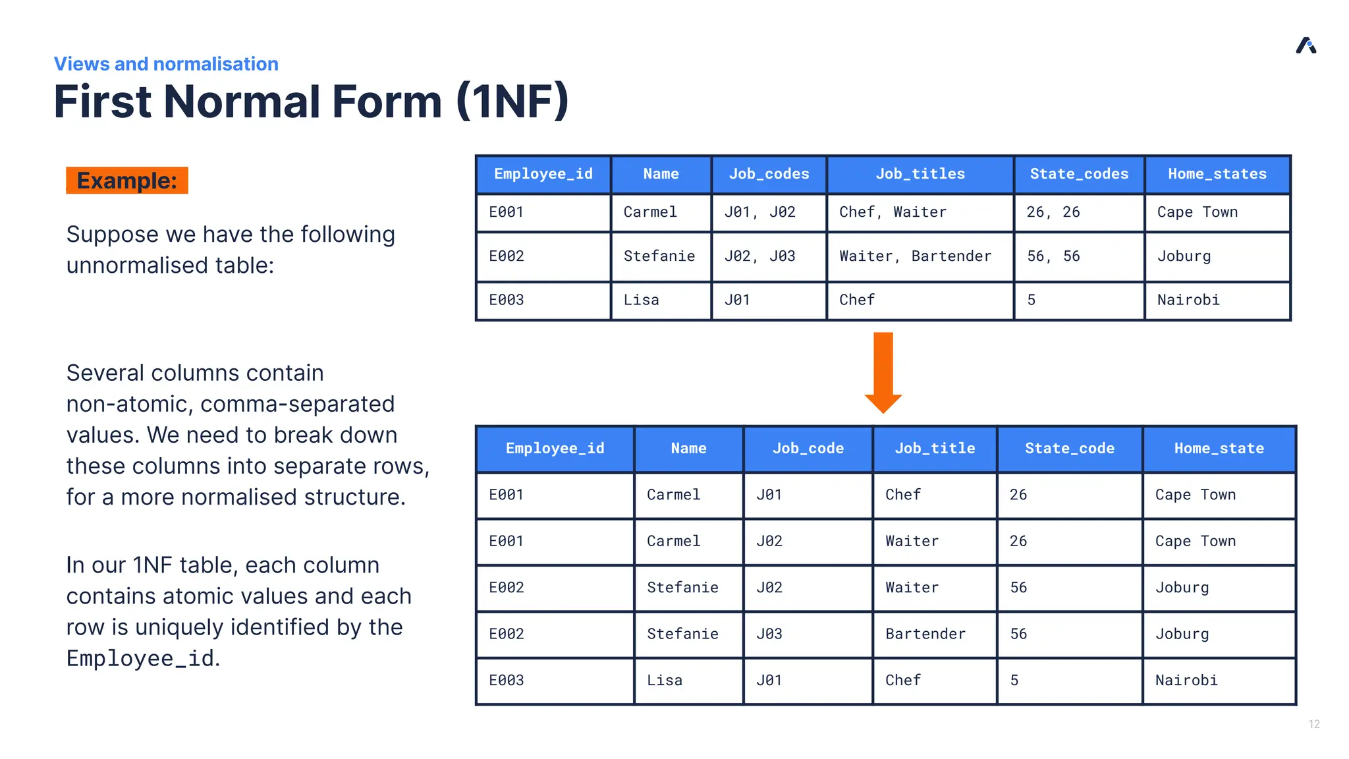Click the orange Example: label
pos(127,181)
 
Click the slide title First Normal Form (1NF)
pos(311,101)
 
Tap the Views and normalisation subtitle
pos(166,64)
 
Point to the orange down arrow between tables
pos(883,372)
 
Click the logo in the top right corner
pos(1306,45)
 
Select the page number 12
pos(1313,724)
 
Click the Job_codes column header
pos(769,174)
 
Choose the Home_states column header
pos(1217,174)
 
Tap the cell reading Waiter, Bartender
pos(915,256)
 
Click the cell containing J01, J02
pos(759,212)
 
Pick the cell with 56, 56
pos(1053,256)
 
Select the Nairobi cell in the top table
pos(1188,300)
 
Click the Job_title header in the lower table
pos(935,449)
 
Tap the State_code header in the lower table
pos(1070,449)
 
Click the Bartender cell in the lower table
pos(925,634)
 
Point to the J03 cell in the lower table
pos(769,634)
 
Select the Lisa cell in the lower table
pos(665,680)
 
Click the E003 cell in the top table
pos(507,300)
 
